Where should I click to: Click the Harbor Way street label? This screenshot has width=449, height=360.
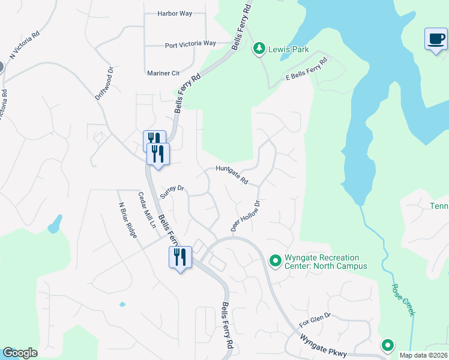click(173, 13)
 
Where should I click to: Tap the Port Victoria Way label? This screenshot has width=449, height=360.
click(190, 44)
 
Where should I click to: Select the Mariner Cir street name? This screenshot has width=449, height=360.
click(163, 73)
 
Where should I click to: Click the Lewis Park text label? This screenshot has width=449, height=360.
click(289, 49)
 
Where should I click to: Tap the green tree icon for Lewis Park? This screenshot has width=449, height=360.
click(259, 48)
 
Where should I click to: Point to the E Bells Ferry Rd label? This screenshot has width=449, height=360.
click(306, 70)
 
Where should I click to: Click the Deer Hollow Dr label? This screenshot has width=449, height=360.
click(246, 216)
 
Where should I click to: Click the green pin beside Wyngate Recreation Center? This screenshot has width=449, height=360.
click(276, 260)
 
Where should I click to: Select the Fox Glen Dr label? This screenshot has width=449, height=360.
click(315, 319)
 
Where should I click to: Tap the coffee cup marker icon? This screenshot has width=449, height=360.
click(436, 39)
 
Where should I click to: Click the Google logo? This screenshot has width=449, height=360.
click(20, 353)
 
